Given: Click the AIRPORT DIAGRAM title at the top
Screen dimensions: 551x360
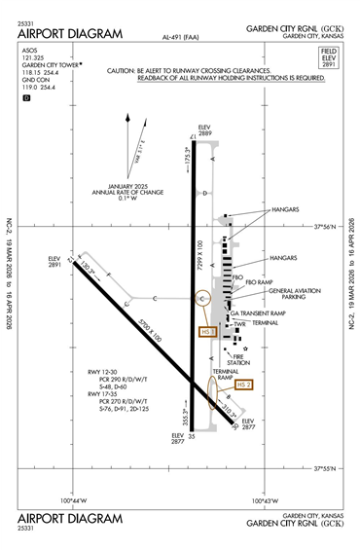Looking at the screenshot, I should click(x=70, y=34).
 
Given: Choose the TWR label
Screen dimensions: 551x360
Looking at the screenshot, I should click(x=239, y=324).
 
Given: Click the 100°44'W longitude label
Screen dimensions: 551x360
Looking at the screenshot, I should click(x=74, y=501).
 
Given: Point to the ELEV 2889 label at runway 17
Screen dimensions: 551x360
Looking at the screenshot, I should click(x=204, y=129).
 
